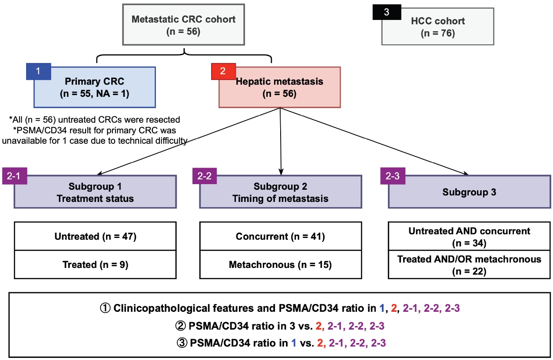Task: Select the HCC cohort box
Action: pos(438,26)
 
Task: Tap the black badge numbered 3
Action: pos(386,12)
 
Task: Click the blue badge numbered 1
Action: pos(38,71)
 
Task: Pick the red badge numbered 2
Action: pos(222,71)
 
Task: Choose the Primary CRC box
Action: pos(94,87)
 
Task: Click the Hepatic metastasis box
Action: pos(280,87)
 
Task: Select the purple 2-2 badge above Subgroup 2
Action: pos(204,176)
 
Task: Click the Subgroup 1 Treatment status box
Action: pos(96,192)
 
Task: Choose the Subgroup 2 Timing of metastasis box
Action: pos(280,192)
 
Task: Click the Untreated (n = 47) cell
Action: pos(96,236)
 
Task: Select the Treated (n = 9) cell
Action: pos(96,264)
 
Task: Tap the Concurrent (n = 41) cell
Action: pos(280,236)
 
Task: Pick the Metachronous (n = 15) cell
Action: pos(280,264)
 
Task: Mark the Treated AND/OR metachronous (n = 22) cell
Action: pos(469,265)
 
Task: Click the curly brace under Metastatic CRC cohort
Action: pos(184,56)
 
